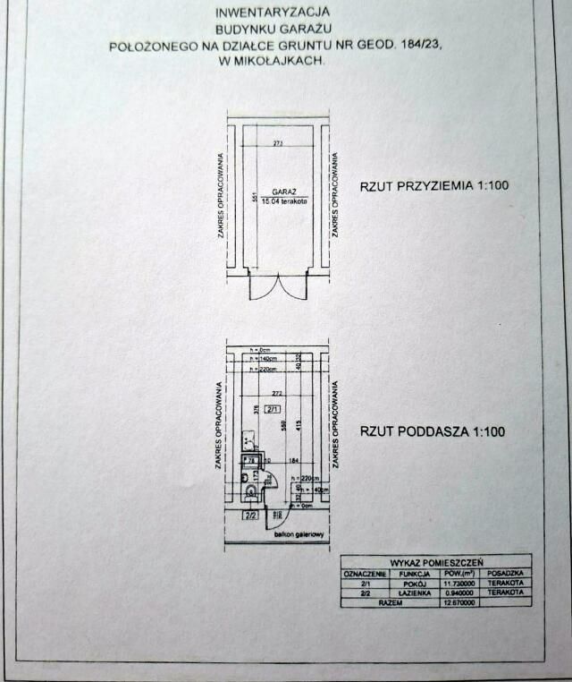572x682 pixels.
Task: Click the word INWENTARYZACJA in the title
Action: coord(273,12)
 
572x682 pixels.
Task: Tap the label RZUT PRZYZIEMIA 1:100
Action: coord(433,186)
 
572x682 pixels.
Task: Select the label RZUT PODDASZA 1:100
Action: coord(433,431)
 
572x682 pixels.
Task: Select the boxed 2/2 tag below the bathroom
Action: coord(251,516)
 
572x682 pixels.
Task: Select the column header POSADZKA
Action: coord(506,573)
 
